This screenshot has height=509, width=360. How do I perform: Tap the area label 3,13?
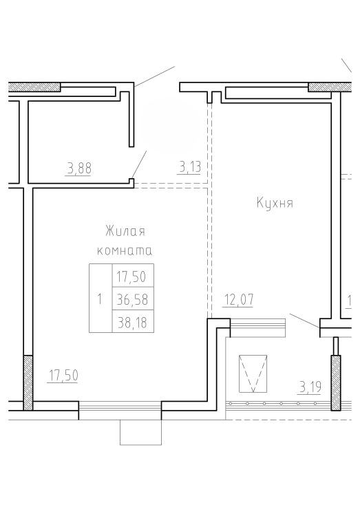190,168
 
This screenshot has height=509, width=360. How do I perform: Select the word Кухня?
275,204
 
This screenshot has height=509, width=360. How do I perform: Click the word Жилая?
125,231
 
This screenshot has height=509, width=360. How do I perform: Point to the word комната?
125,250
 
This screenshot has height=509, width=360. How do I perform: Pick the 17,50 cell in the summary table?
133,276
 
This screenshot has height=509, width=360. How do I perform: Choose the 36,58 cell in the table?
133,299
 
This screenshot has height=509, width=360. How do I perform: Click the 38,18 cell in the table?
133,322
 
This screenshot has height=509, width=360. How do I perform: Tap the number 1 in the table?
100,299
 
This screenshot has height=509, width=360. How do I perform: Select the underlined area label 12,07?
239,300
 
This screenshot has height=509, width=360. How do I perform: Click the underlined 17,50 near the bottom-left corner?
63,376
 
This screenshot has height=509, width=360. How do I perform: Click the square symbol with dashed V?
253,373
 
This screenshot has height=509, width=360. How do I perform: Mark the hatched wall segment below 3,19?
336,383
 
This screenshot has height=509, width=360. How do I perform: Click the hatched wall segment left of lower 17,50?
28,382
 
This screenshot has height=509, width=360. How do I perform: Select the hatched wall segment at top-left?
34,87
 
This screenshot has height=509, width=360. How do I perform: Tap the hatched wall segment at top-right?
330,87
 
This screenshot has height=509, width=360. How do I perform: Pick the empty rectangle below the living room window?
140,432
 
